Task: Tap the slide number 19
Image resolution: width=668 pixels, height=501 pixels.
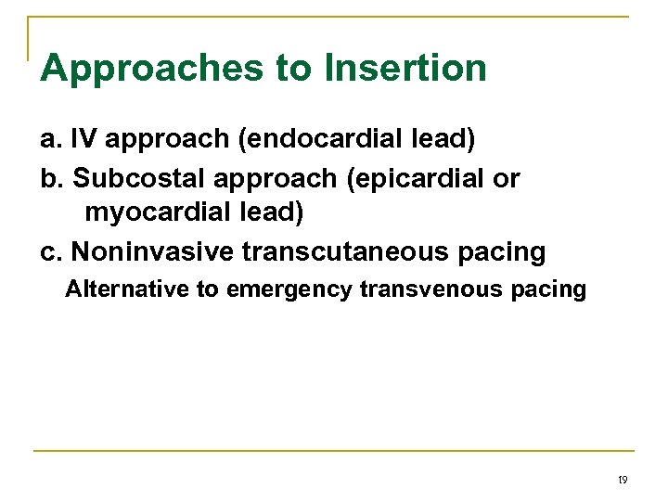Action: (x=622, y=480)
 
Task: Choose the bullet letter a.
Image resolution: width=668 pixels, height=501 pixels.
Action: (x=50, y=140)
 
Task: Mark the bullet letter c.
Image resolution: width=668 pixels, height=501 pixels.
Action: (x=50, y=250)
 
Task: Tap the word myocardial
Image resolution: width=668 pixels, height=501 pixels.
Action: (x=159, y=213)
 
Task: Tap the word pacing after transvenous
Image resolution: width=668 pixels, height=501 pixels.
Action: (x=549, y=290)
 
